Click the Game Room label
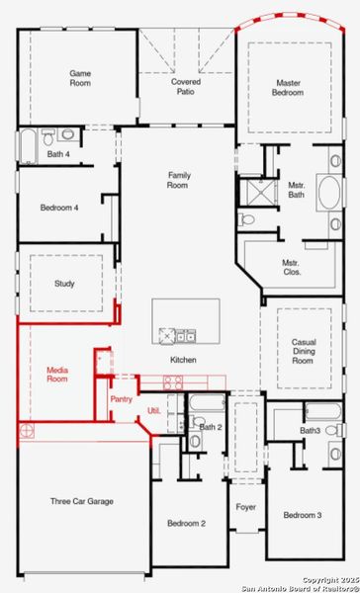pyautogui.click(x=80, y=78)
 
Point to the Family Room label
pyautogui.click(x=177, y=179)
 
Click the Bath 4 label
pyautogui.click(x=58, y=154)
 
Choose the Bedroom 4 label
pyautogui.click(x=59, y=208)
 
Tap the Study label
pyautogui.click(x=64, y=284)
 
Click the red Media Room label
pyautogui.click(x=57, y=374)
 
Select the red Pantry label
pyautogui.click(x=121, y=399)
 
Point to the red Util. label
pyautogui.click(x=153, y=409)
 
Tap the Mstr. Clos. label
pyautogui.click(x=293, y=267)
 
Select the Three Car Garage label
pyautogui.click(x=81, y=501)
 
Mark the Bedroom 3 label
pyautogui.click(x=303, y=516)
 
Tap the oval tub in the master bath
pyautogui.click(x=329, y=192)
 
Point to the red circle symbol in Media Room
pyautogui.click(x=29, y=431)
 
